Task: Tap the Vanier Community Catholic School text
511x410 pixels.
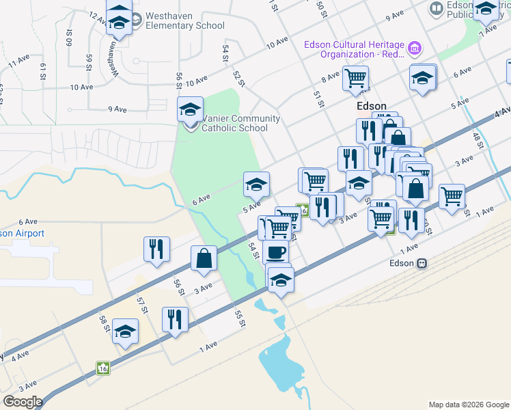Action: (232, 123)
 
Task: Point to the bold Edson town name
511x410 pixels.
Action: (372, 107)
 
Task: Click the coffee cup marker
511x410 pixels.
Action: (275, 252)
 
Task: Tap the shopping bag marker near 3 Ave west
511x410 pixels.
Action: (204, 259)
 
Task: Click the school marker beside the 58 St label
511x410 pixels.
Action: (125, 332)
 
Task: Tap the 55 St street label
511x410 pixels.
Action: (239, 318)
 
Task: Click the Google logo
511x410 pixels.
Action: (23, 401)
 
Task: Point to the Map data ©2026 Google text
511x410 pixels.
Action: (468, 405)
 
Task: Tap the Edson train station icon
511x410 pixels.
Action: (422, 263)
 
